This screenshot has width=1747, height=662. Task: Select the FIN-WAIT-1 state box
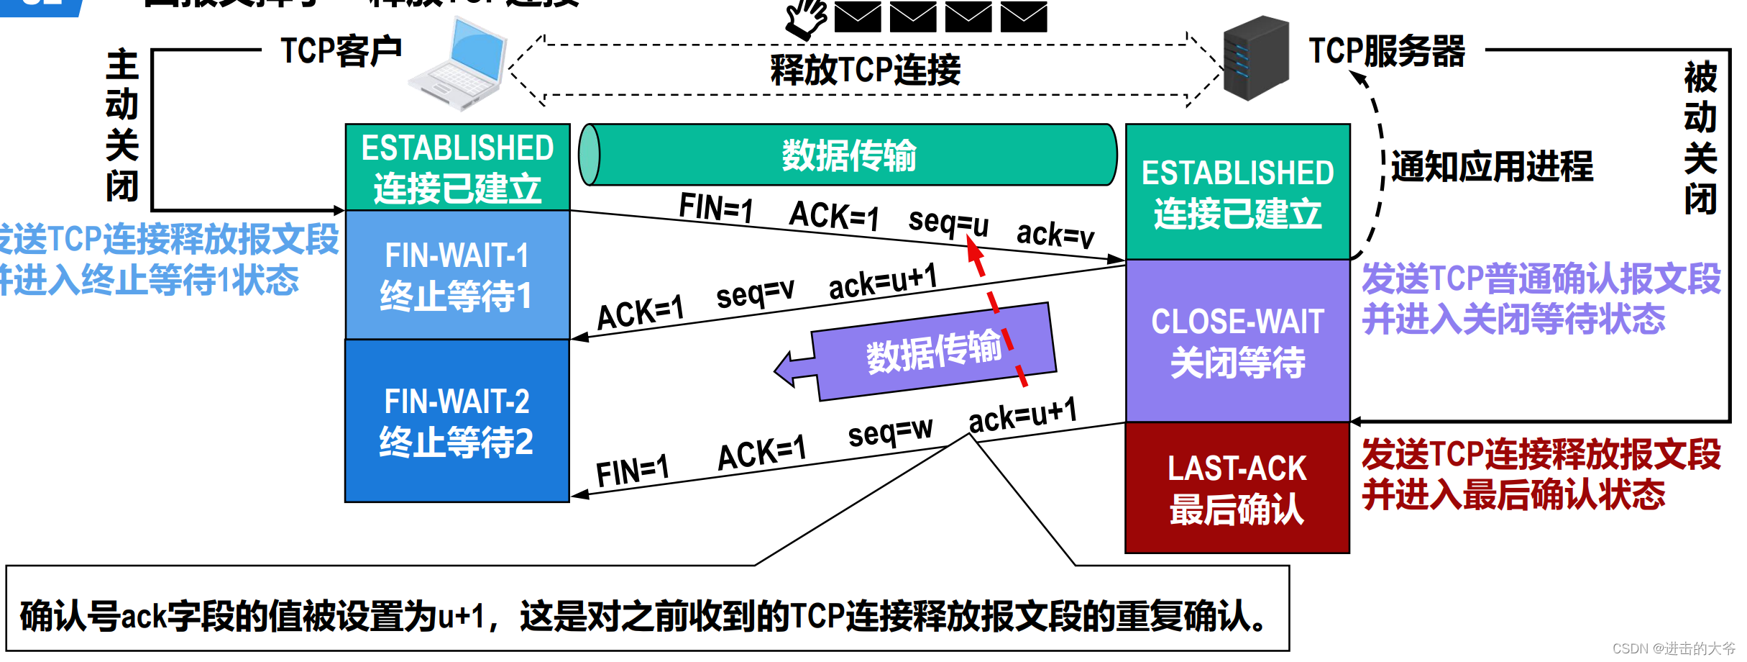coord(457,275)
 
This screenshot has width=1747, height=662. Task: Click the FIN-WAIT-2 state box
coord(457,421)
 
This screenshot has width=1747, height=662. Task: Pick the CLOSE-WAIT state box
coord(1237,341)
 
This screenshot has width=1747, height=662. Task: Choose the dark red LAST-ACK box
coord(1237,488)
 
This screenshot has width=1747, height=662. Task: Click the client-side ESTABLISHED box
coord(457,168)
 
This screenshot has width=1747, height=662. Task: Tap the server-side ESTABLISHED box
coord(1237,192)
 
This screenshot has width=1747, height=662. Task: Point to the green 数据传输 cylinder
coord(848,155)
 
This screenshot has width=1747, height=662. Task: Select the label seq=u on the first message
coord(948,222)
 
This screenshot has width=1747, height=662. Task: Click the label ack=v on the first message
coord(1055,234)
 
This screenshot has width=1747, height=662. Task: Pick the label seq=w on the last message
coord(890,432)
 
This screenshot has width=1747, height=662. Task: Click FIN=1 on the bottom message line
coord(633,472)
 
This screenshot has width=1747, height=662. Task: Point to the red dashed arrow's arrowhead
coord(974,248)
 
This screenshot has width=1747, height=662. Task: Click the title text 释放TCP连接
coord(865,71)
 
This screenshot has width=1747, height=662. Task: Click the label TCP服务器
coord(1386,52)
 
